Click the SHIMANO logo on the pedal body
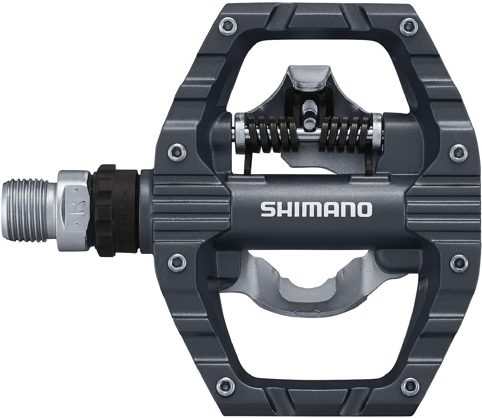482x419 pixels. click(316, 209)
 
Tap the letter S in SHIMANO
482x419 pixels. click(267, 209)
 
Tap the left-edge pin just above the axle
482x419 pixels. click(176, 150)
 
